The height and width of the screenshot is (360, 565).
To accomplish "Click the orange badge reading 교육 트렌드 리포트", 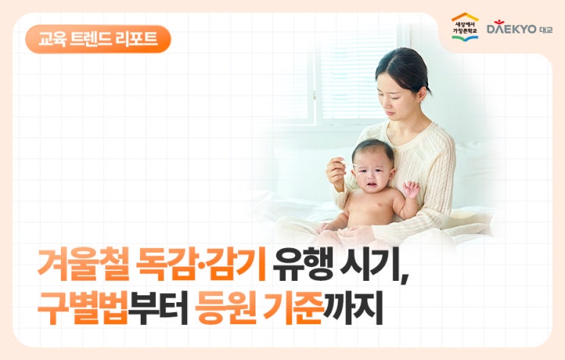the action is (x=97, y=40).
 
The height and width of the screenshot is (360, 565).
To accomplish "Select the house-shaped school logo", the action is (x=465, y=26).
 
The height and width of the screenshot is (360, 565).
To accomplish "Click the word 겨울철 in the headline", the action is (x=83, y=264).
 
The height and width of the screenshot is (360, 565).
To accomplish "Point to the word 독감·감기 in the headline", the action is (x=201, y=264).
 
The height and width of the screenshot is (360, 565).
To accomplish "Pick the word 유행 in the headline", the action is (x=303, y=264).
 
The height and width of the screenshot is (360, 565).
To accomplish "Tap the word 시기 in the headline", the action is (x=370, y=264).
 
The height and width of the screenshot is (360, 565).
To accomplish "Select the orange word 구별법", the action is (x=83, y=307).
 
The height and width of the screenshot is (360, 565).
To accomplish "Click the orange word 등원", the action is (x=225, y=307).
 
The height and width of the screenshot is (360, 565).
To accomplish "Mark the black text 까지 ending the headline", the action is (x=352, y=307).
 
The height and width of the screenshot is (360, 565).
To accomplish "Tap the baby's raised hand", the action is (x=411, y=189).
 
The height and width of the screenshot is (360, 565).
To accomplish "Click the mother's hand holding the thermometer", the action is (x=336, y=173).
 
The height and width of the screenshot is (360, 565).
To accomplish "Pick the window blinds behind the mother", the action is (x=357, y=79).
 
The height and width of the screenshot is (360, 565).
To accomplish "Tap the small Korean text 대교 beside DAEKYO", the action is (x=546, y=30).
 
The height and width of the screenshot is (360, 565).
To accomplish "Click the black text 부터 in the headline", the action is (x=158, y=307).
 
